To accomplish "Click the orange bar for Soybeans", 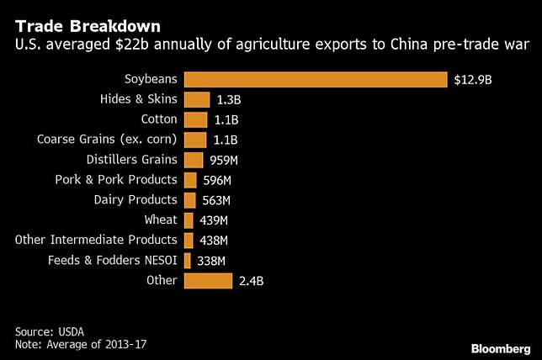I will [315, 80].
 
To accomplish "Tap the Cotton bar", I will [195, 120].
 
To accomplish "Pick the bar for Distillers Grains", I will [194, 160].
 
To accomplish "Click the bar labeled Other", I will [208, 280].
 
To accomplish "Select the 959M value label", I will [224, 160].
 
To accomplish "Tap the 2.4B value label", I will [251, 280].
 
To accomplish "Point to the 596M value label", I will [217, 180].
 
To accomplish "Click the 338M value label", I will [211, 261].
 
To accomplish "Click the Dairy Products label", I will [135, 200].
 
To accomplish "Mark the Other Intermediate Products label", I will [96, 241].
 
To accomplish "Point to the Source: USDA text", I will [50, 331].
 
